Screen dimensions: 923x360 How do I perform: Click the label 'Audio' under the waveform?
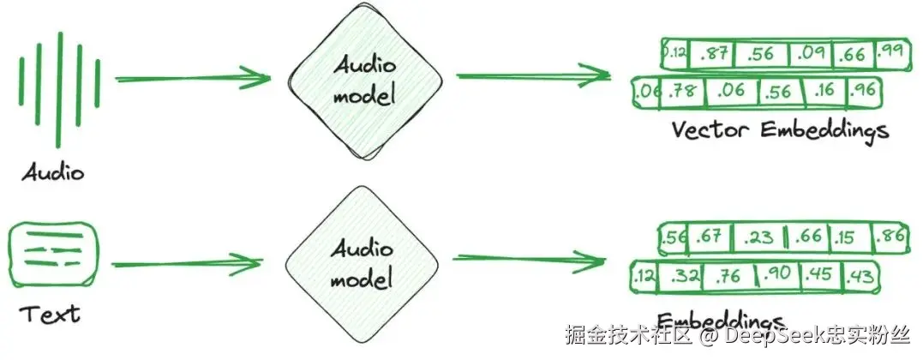(x=54, y=173)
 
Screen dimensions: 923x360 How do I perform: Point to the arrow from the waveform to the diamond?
(x=193, y=79)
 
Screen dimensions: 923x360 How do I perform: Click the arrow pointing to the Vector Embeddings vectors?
(x=531, y=76)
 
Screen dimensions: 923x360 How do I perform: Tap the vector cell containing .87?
(x=713, y=56)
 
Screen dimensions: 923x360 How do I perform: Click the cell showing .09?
(x=810, y=55)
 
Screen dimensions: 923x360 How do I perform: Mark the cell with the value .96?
(x=864, y=89)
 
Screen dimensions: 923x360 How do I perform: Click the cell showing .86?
(x=889, y=236)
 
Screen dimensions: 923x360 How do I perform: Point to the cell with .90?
(x=777, y=274)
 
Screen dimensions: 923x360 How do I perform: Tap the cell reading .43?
(x=861, y=275)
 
